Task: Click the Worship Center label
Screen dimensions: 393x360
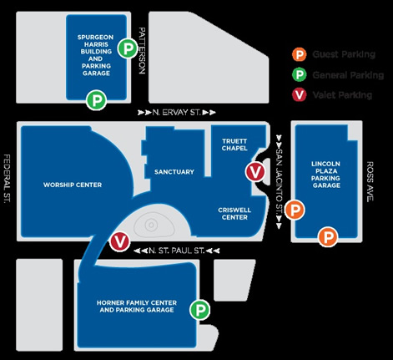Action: pyautogui.click(x=73, y=185)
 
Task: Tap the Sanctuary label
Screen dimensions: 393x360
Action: pyautogui.click(x=174, y=172)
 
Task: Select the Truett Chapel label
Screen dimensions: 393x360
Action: pyautogui.click(x=234, y=145)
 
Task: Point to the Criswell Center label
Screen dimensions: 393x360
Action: pyautogui.click(x=234, y=214)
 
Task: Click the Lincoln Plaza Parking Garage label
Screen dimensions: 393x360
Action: pyautogui.click(x=326, y=175)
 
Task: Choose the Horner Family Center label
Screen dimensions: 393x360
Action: pyautogui.click(x=137, y=307)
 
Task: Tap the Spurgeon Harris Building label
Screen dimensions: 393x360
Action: pyautogui.click(x=96, y=55)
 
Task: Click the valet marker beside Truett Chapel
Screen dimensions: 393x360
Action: pyautogui.click(x=255, y=172)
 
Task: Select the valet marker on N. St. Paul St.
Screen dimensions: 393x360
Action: pyautogui.click(x=120, y=241)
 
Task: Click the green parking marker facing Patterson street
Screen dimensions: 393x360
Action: pyautogui.click(x=128, y=48)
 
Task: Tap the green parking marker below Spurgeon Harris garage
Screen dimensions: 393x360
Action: pyautogui.click(x=96, y=100)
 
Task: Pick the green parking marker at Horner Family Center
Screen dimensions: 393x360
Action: pyautogui.click(x=200, y=310)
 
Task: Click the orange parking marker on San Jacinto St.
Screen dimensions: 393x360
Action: pyautogui.click(x=295, y=210)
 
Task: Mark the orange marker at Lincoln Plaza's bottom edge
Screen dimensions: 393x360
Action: pyautogui.click(x=328, y=237)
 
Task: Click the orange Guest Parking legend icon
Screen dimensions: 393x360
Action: pyautogui.click(x=300, y=54)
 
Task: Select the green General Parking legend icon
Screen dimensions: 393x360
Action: pyautogui.click(x=300, y=74)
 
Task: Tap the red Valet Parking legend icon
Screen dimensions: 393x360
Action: pyautogui.click(x=300, y=95)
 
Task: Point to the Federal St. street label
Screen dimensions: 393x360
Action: pyautogui.click(x=8, y=179)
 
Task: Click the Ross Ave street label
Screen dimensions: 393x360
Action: pyautogui.click(x=370, y=181)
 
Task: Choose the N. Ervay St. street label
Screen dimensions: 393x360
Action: pyautogui.click(x=177, y=113)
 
